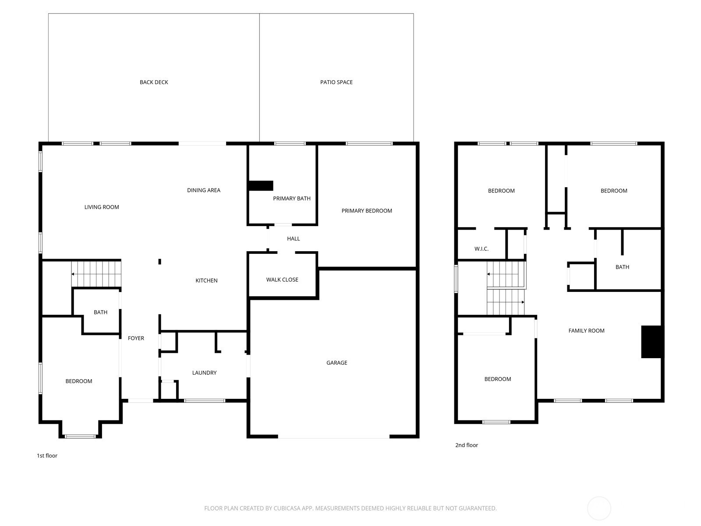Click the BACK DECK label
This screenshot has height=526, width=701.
[154, 82]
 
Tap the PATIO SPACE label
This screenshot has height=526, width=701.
[336, 82]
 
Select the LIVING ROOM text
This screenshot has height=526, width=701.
[102, 207]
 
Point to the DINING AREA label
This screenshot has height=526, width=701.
[203, 190]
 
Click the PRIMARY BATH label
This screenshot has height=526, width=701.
[292, 198]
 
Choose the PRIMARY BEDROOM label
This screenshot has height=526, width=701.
[367, 210]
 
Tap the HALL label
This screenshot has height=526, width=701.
[293, 238]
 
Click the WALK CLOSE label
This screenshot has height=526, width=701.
[282, 280]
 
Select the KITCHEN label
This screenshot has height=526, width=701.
[206, 281]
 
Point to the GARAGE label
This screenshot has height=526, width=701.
[336, 363]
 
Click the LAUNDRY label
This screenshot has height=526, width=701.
[204, 373]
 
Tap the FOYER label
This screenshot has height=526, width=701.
[136, 338]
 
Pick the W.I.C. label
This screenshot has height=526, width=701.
[481, 249]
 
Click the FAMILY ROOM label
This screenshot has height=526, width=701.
[586, 331]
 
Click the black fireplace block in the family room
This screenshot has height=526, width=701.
[651, 341]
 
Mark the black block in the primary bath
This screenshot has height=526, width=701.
[261, 185]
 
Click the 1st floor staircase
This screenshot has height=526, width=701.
[96, 274]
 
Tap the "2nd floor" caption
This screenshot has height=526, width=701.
[467, 445]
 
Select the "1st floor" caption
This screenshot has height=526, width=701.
[47, 455]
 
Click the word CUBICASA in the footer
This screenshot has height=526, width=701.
[287, 508]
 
